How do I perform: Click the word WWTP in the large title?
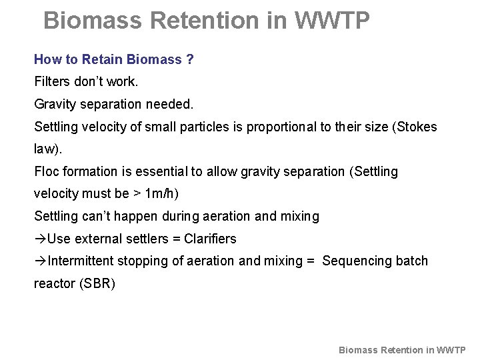(331, 21)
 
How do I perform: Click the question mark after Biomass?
(190, 59)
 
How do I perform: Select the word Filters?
(53, 82)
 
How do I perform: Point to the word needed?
(171, 104)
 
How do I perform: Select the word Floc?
(47, 171)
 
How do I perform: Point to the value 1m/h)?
(162, 194)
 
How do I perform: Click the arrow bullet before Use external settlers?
(40, 239)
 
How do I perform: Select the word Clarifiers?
(210, 239)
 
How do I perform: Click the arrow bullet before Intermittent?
(40, 261)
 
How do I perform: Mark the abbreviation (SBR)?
(97, 283)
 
